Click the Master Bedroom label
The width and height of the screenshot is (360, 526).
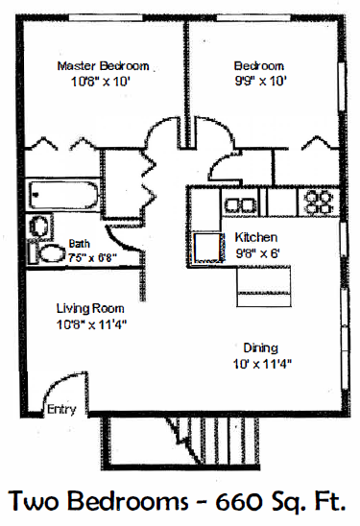103,65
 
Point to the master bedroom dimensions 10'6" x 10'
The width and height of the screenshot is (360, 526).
103,82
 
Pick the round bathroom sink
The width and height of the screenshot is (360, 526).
40,227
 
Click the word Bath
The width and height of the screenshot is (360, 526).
79,244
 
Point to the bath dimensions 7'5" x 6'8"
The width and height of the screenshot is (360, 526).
92,256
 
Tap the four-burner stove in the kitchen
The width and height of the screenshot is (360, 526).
318,202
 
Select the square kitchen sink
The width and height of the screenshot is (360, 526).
207,246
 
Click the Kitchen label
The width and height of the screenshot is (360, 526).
256,237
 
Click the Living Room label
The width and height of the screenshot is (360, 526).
87,308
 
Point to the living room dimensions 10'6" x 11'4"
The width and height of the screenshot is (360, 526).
91,324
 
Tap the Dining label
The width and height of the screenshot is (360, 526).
261,347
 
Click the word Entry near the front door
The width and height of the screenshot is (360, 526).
60,410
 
